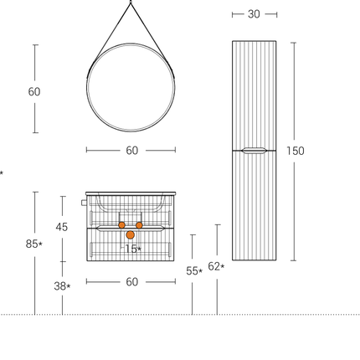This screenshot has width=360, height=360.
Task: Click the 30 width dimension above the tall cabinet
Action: [254, 14]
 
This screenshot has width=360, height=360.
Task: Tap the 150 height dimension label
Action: [296, 151]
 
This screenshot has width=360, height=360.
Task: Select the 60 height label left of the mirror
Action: [34, 92]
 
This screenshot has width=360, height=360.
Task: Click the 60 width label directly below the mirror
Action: [132, 151]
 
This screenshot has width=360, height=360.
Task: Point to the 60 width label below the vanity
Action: [132, 282]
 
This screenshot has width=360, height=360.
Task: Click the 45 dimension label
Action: [62, 227]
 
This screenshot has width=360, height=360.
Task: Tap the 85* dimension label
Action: [34, 244]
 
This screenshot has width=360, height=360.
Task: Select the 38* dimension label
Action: [62, 286]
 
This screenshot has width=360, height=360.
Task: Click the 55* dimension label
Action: [194, 271]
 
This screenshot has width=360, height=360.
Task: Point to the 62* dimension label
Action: [216, 267]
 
